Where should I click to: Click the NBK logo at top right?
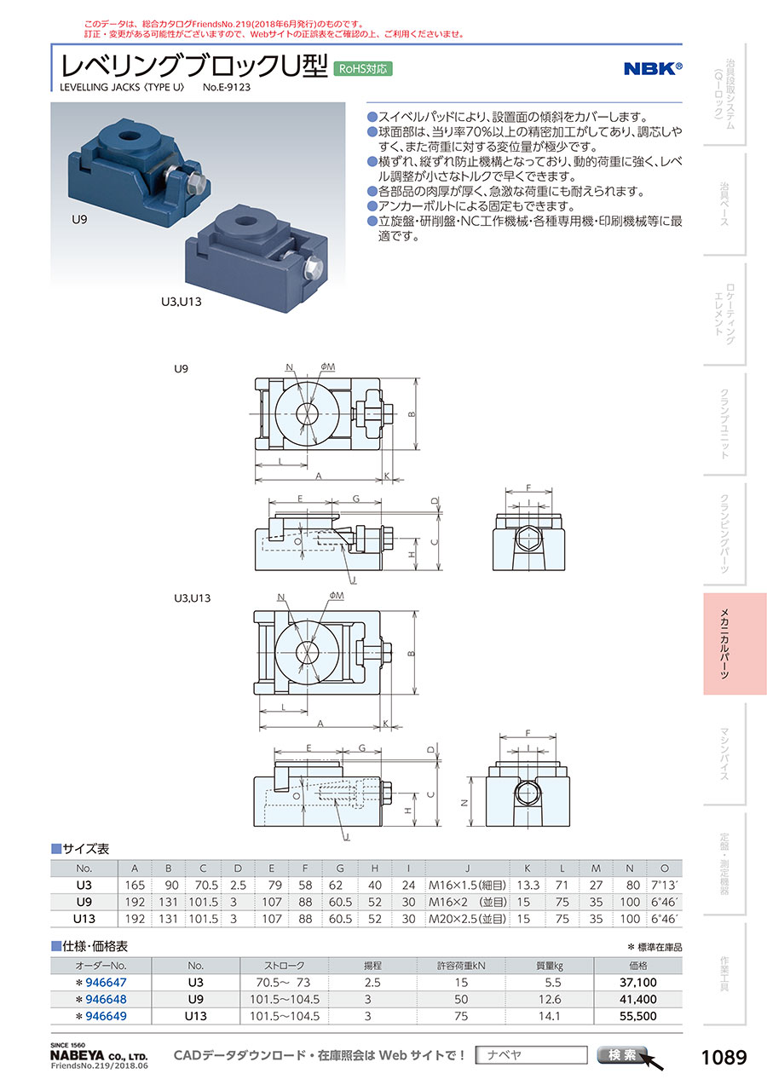coord(654,69)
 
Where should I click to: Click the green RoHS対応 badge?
coord(363,69)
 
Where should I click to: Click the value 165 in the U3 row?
coord(135,886)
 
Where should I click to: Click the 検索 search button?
coord(623,1055)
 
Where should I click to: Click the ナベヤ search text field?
coord(531,1055)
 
